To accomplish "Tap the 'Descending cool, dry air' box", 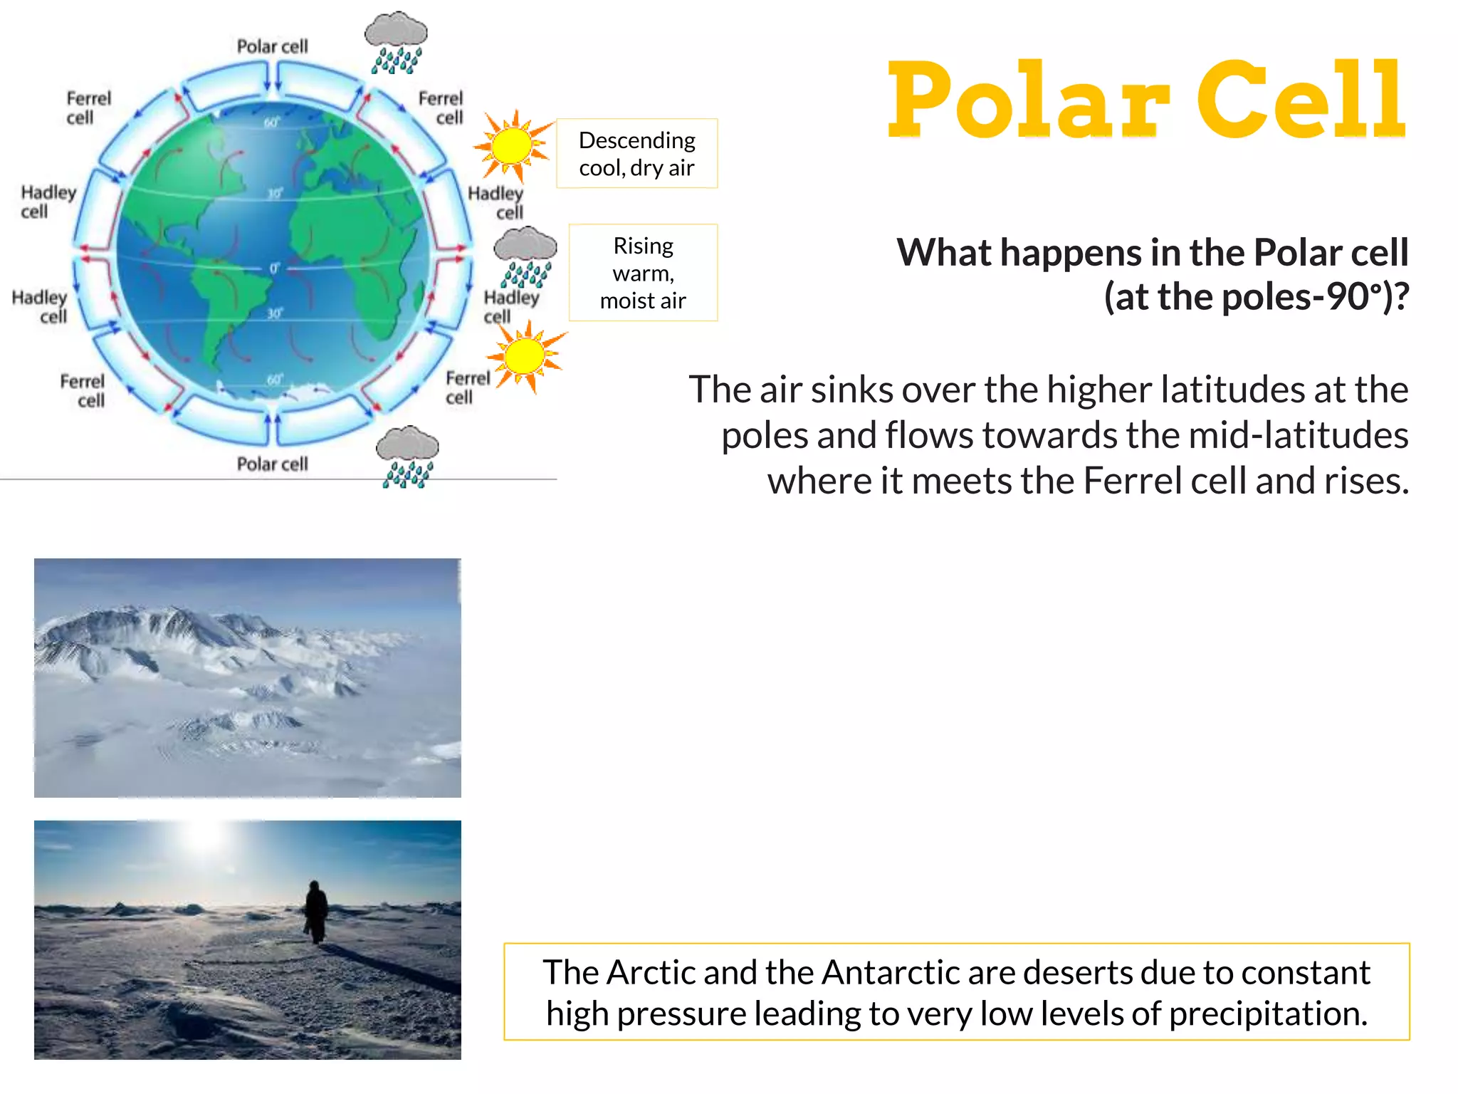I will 636,154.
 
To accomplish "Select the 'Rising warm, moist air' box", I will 643,273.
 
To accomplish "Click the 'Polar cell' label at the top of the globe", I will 272,47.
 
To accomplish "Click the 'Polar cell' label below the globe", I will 272,464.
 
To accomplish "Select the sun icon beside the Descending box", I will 513,146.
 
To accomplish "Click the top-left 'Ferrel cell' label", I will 88,108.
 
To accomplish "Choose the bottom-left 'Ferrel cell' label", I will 83,390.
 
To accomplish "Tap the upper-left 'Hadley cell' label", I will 47,202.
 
